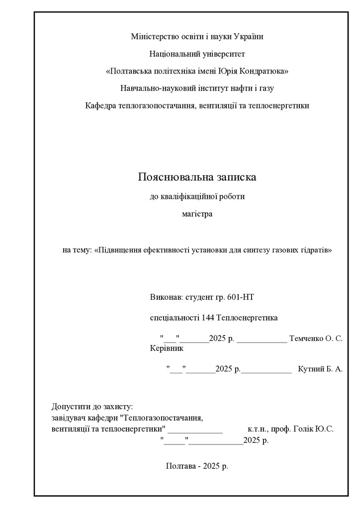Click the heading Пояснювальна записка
197,177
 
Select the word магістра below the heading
197,214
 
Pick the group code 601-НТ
241,297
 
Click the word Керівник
167,348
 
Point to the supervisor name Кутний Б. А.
320,369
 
